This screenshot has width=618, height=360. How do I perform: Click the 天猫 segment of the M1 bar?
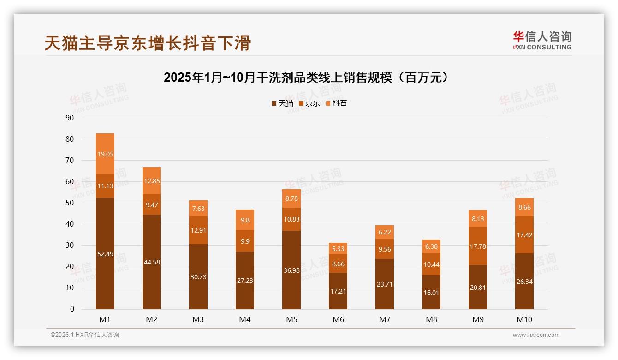click(x=105, y=253)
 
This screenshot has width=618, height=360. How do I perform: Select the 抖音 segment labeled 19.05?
click(x=105, y=154)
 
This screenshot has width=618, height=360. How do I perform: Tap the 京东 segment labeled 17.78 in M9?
click(x=478, y=246)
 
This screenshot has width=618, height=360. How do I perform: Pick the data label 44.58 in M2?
click(x=152, y=262)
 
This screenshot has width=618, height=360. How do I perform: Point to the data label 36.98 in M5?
click(x=291, y=270)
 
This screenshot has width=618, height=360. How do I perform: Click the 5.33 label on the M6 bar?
click(x=338, y=249)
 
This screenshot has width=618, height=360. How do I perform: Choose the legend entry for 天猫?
click(x=282, y=103)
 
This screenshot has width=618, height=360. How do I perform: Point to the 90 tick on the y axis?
click(x=70, y=118)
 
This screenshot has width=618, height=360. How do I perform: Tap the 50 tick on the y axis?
click(x=70, y=203)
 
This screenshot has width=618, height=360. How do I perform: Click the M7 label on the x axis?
click(x=385, y=319)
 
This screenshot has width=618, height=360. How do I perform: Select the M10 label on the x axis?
click(x=524, y=319)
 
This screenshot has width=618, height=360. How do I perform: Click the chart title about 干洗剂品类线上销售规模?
click(x=306, y=78)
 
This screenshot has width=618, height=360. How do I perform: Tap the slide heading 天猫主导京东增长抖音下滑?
click(x=148, y=43)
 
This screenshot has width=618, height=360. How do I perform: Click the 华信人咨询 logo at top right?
click(x=542, y=40)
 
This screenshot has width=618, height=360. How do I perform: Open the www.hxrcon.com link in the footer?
click(x=536, y=335)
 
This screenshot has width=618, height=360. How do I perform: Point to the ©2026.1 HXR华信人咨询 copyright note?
click(x=85, y=335)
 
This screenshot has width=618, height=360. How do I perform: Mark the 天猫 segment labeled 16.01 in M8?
click(x=431, y=292)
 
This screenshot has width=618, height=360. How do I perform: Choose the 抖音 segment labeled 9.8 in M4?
click(x=245, y=220)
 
